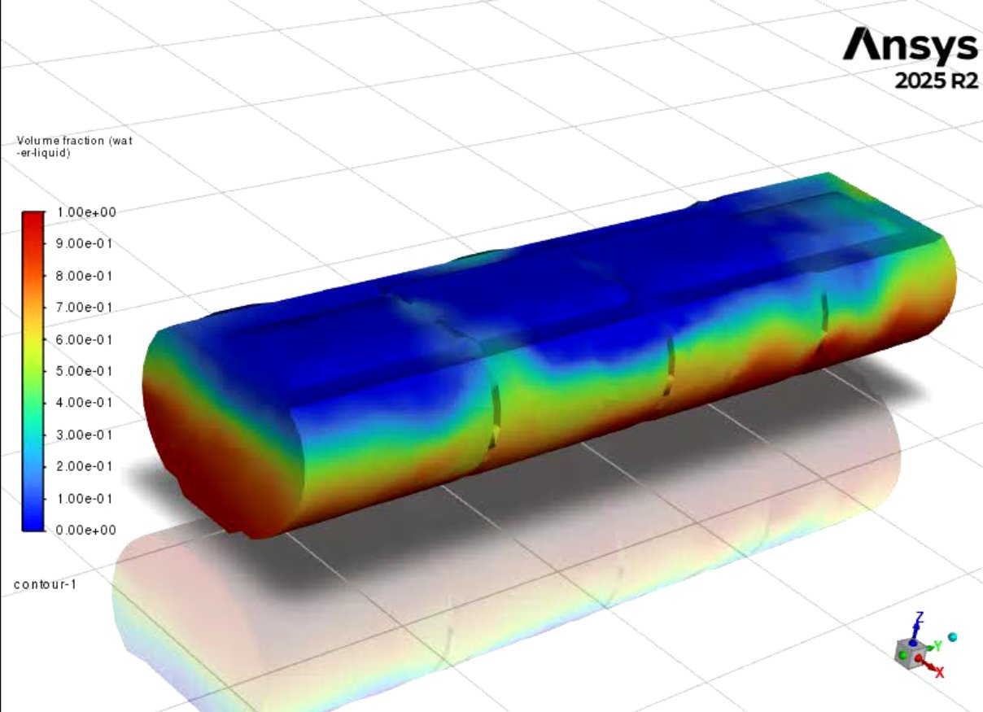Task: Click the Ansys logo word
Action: [x=910, y=46]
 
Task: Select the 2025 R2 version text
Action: [x=937, y=81]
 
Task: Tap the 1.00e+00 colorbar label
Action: [x=86, y=212]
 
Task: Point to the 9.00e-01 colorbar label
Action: [x=85, y=243]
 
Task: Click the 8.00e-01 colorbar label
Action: [x=85, y=276]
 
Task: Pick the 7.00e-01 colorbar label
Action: [x=85, y=307]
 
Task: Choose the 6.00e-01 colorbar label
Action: [x=85, y=339]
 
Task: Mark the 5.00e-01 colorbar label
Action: [x=85, y=371]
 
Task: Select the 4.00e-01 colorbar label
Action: [x=85, y=403]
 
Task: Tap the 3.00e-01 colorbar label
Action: [x=85, y=435]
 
